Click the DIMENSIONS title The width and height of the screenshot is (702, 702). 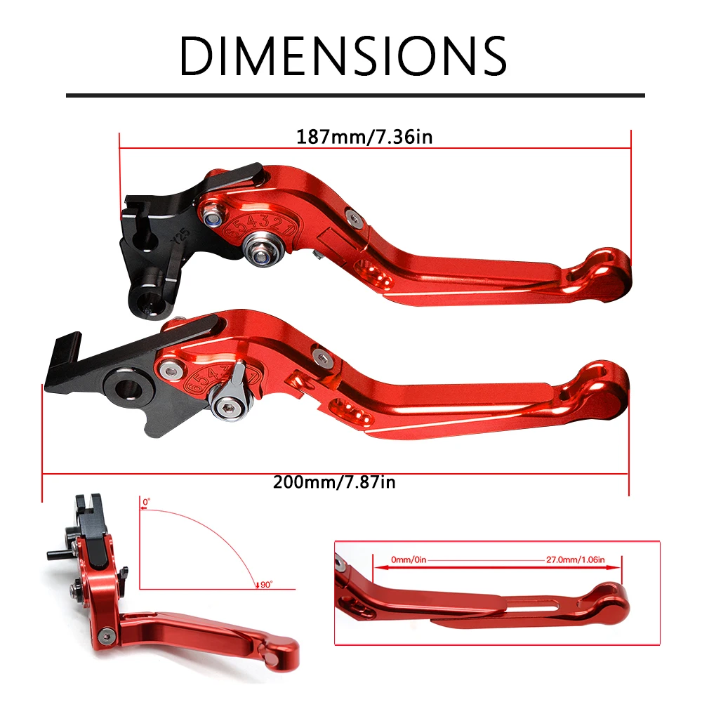[343, 55]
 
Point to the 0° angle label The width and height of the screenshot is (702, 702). [146, 502]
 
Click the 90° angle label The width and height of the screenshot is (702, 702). [265, 583]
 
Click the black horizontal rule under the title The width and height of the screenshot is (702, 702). [355, 95]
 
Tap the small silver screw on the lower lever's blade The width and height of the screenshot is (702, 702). [322, 358]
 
